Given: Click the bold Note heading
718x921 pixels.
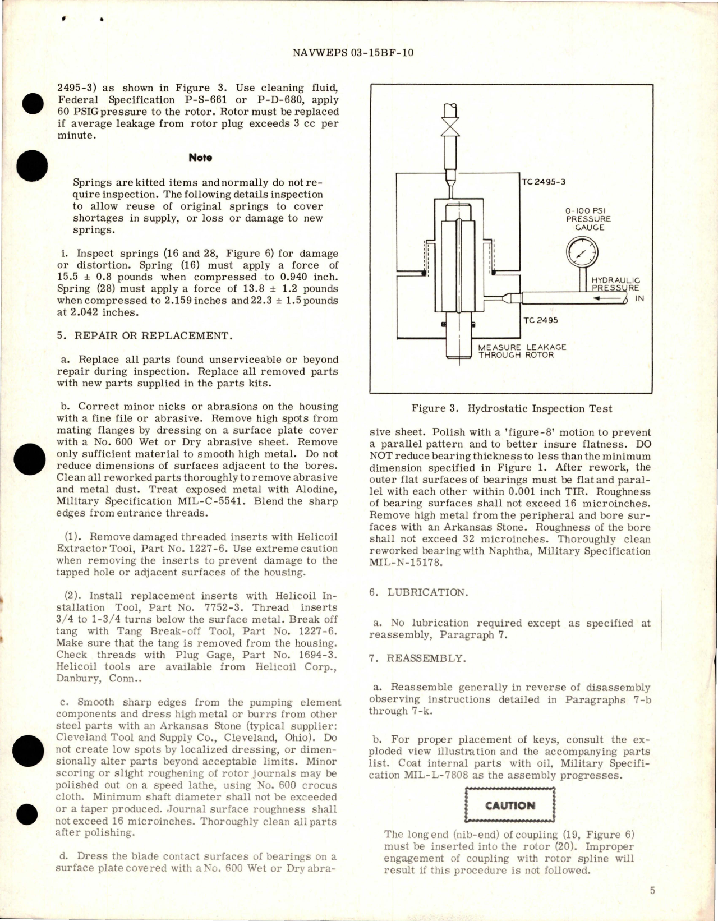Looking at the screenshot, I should [200, 158].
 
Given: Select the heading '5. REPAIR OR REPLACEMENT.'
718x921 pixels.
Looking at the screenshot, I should [144, 336].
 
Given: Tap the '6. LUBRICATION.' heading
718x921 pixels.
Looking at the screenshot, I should [418, 592].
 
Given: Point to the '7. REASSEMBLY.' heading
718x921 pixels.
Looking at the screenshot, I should [417, 658].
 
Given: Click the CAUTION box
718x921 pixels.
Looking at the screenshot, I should [510, 805].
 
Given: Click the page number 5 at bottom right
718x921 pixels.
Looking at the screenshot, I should [652, 890].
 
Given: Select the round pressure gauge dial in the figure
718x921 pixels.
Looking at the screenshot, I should [583, 255].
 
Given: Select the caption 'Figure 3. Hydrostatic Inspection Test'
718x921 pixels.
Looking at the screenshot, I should [512, 409].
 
